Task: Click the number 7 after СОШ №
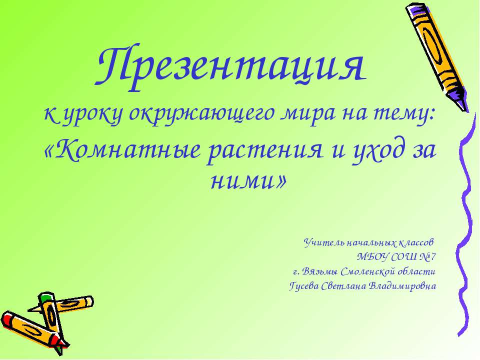[433, 257]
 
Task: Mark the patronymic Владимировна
[402, 286]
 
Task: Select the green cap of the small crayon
[45, 297]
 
